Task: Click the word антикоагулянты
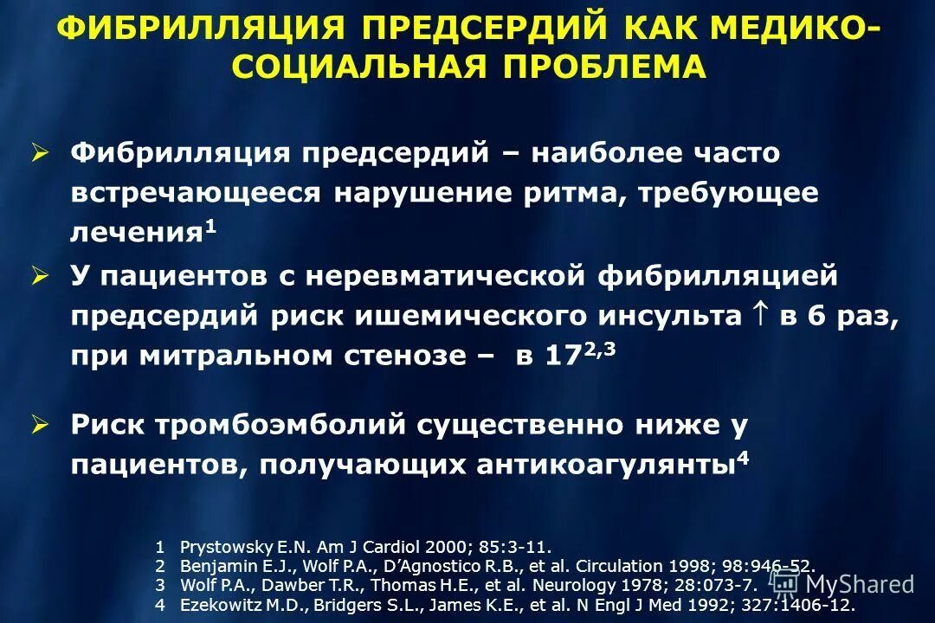click(603, 465)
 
